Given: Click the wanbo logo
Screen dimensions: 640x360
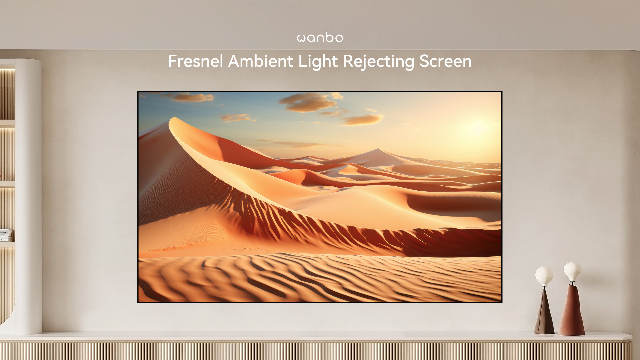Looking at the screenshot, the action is tap(320, 37).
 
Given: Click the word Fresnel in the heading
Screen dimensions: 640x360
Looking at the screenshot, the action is tap(195, 61).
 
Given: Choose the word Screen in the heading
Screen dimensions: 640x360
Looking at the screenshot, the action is tap(445, 61).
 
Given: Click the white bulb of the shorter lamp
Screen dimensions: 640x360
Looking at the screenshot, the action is tap(544, 276).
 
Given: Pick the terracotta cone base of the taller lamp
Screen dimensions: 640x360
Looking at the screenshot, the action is tap(572, 310).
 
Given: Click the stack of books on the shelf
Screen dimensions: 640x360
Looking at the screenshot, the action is tap(6, 235).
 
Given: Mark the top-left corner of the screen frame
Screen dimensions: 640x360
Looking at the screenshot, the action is tap(138, 92).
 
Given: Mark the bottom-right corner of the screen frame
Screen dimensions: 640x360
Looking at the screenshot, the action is tap(502, 302).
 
